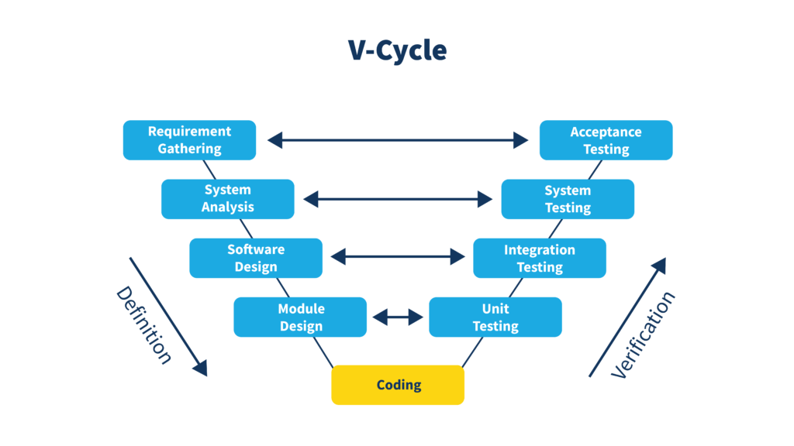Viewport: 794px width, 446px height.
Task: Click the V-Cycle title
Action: (397, 50)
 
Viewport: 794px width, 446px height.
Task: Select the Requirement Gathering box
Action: (189, 140)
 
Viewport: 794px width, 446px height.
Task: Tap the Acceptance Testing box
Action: (606, 140)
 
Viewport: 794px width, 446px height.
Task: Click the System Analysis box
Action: (227, 199)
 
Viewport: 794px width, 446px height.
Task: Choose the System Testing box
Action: (568, 199)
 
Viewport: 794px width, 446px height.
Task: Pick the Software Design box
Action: (256, 258)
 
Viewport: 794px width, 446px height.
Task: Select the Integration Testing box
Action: (539, 258)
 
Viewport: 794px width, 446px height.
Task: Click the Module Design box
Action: (300, 317)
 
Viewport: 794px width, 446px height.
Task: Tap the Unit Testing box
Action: (495, 317)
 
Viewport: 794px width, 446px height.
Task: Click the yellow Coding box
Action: (398, 385)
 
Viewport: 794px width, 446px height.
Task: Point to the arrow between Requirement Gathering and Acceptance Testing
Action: (398, 140)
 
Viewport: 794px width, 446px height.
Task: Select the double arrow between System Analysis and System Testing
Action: (398, 199)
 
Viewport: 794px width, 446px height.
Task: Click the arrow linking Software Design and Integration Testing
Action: (398, 256)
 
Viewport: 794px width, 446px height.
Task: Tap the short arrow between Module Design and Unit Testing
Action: (398, 317)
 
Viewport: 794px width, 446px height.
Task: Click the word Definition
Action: (143, 325)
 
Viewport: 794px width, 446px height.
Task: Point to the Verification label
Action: (643, 334)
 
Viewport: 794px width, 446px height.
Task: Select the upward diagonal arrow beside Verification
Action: (627, 317)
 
